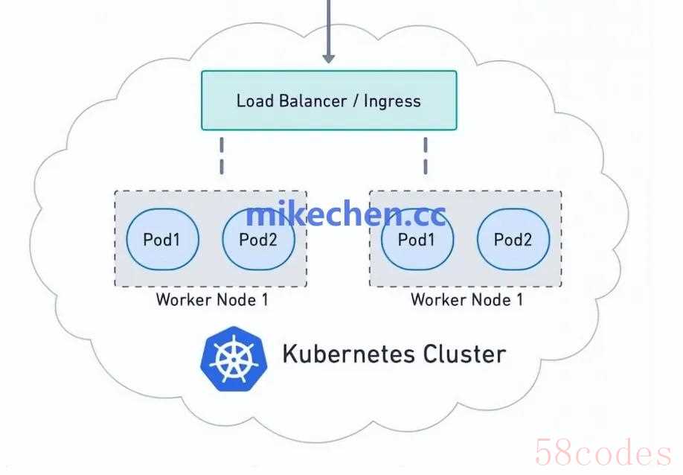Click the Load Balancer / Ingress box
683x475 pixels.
[329, 101]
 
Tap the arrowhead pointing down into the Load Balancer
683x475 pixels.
[328, 57]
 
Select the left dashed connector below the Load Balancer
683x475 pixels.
[222, 156]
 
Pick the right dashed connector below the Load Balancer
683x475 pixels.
[426, 156]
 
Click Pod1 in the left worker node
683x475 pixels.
[161, 240]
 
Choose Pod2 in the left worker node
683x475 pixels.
[259, 240]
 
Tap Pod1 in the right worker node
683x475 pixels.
[417, 240]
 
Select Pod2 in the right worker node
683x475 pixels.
[513, 240]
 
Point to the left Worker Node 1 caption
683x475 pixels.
[212, 300]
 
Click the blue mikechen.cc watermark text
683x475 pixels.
[346, 214]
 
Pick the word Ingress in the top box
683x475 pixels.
[392, 101]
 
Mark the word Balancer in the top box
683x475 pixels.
[313, 101]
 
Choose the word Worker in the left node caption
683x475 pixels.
[182, 300]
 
